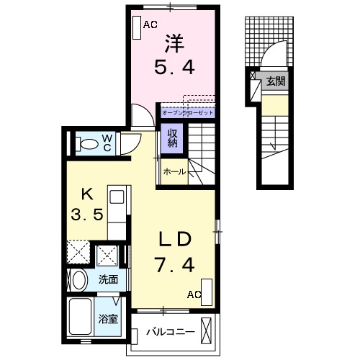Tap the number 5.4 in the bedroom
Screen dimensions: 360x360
[174, 69]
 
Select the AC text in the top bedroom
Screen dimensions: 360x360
[150, 24]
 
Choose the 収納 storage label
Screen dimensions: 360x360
[174, 137]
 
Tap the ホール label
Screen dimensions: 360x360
[174, 171]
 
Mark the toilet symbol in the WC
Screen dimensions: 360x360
[86, 144]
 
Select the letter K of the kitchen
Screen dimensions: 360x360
[86, 192]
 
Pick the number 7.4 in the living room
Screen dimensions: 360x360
[174, 266]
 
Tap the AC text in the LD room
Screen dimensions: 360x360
[194, 294]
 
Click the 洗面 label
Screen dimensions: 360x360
[109, 279]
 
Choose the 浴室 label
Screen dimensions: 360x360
[109, 318]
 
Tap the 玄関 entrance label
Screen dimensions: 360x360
[275, 81]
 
